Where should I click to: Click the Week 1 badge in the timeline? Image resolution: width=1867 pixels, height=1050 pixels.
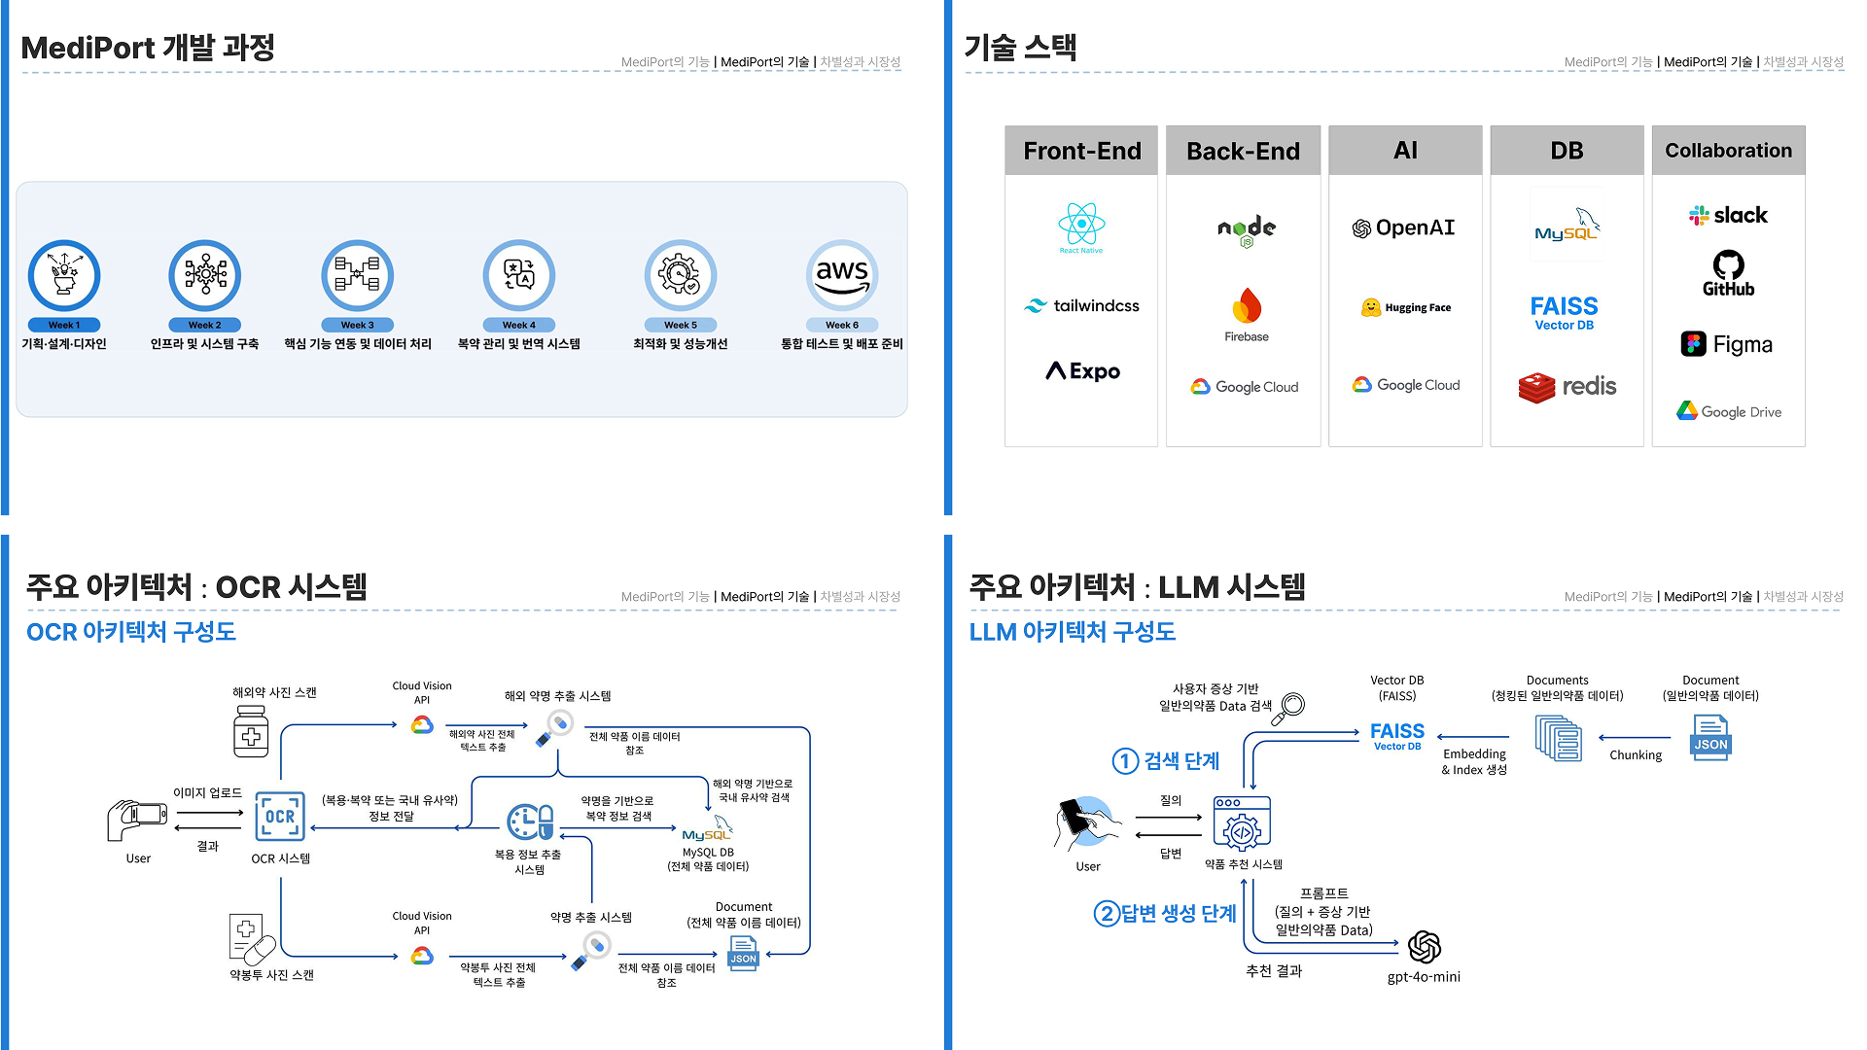click(64, 325)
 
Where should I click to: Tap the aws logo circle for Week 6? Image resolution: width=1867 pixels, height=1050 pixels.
click(842, 275)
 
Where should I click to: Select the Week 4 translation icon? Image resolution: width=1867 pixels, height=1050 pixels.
click(519, 275)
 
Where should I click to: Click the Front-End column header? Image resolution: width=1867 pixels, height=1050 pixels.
click(1081, 151)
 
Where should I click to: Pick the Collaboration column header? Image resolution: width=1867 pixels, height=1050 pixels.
click(1728, 151)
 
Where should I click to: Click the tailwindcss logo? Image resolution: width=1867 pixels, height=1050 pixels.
click(1081, 305)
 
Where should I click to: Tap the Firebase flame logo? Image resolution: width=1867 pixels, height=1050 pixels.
click(1247, 307)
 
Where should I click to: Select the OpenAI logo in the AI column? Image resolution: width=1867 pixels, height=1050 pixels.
click(1403, 228)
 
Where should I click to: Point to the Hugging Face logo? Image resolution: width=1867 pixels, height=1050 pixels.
click(1405, 307)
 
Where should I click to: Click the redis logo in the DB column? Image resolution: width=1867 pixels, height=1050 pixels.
click(1567, 387)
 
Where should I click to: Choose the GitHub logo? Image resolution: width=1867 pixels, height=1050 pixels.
click(1728, 273)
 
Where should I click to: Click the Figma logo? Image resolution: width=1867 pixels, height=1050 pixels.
click(1727, 344)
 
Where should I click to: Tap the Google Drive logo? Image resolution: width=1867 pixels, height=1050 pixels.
click(1728, 411)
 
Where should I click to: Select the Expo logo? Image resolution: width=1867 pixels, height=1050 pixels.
click(1082, 371)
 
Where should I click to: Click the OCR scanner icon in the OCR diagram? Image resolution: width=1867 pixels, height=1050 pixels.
click(280, 817)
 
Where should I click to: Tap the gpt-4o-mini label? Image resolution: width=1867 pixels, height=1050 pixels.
click(1424, 977)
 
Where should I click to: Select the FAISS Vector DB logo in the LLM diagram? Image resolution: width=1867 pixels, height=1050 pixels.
click(1396, 735)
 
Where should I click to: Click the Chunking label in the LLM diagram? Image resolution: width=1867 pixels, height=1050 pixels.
click(1636, 755)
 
